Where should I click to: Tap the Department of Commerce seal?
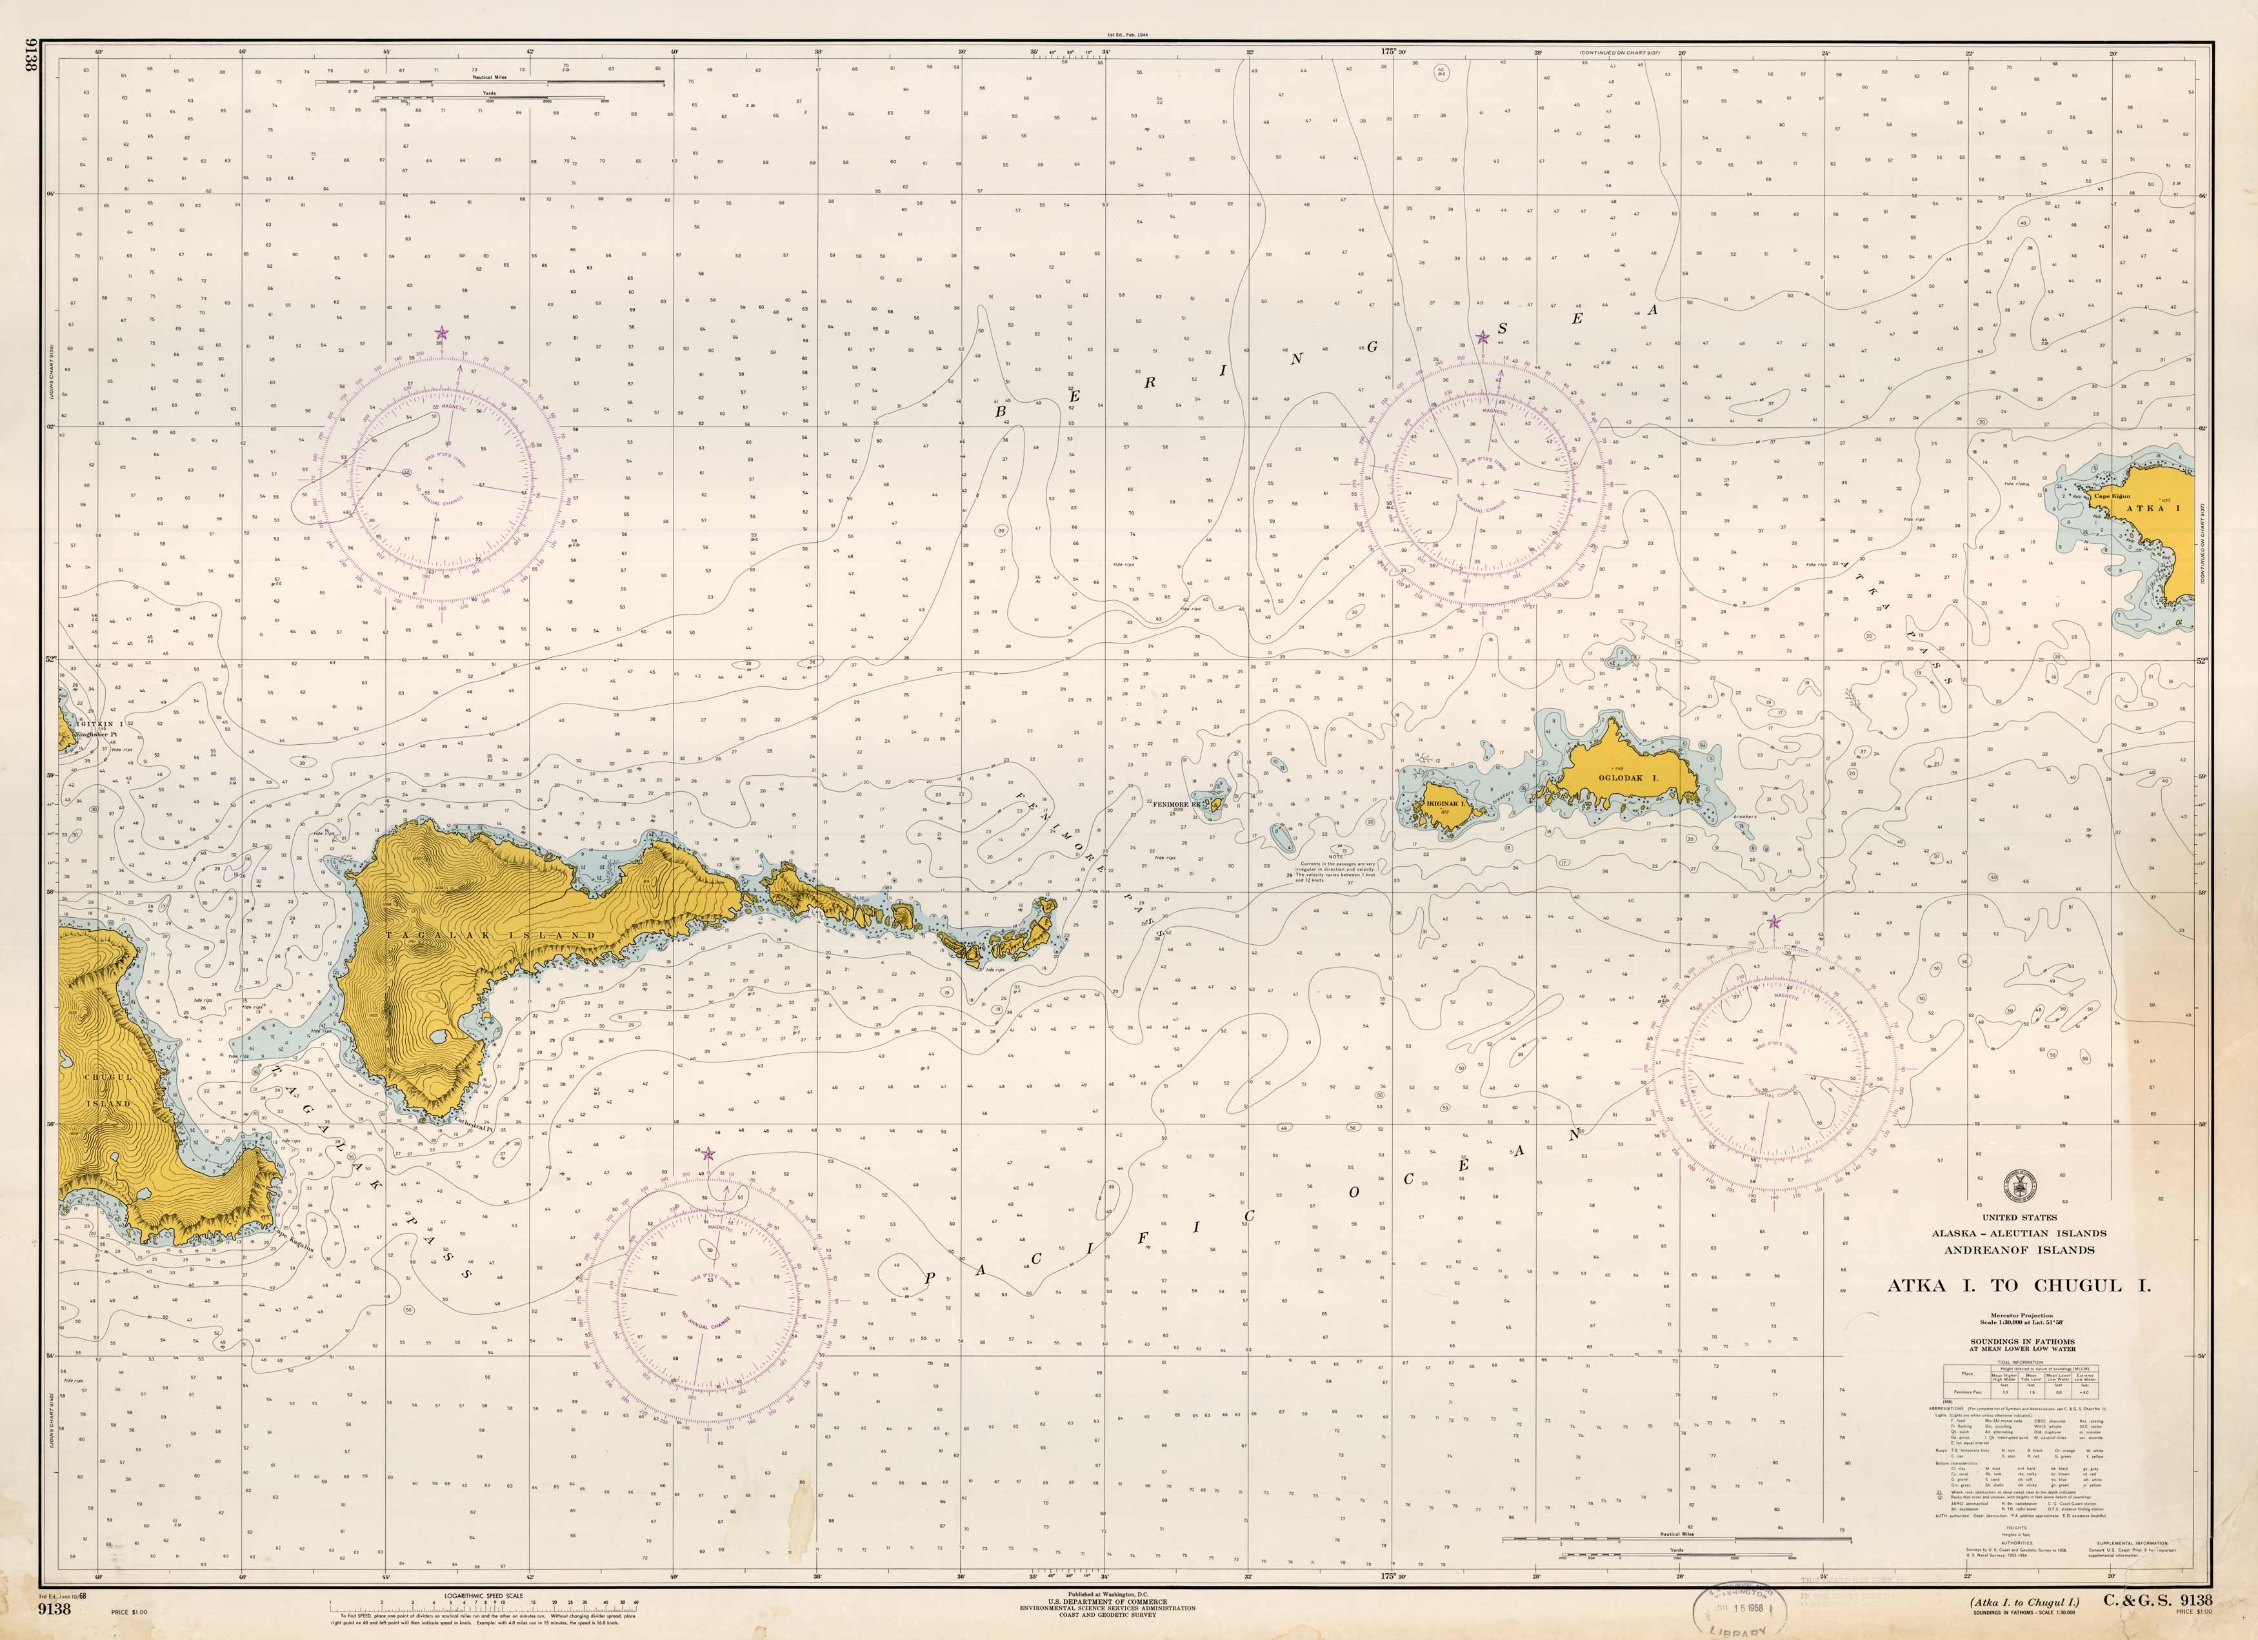click(x=2019, y=1184)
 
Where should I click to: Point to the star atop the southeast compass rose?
click(x=1772, y=923)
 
